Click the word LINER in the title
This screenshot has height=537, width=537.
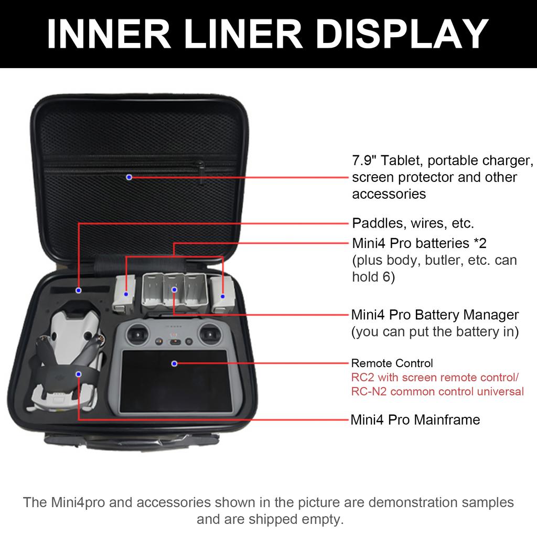pyautogui.click(x=243, y=34)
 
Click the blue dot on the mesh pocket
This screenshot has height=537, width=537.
pyautogui.click(x=129, y=177)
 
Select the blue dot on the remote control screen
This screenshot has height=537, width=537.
pyautogui.click(x=174, y=363)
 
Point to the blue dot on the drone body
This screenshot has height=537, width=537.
pyautogui.click(x=79, y=374)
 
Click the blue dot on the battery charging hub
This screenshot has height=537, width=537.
pyautogui.click(x=174, y=290)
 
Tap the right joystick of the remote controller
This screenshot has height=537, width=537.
pyautogui.click(x=210, y=334)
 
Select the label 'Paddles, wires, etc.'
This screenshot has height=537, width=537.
pyautogui.click(x=413, y=223)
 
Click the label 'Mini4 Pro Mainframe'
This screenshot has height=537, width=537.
pyautogui.click(x=415, y=420)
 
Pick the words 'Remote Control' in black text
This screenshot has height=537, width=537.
pyautogui.click(x=392, y=363)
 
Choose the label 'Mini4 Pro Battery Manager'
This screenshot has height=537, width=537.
pyautogui.click(x=435, y=315)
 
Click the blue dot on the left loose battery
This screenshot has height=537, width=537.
pyautogui.click(x=126, y=294)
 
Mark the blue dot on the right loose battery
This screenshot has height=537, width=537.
pyautogui.click(x=223, y=296)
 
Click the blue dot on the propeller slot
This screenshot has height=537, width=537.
pyautogui.click(x=79, y=291)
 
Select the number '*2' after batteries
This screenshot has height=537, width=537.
pyautogui.click(x=480, y=243)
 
